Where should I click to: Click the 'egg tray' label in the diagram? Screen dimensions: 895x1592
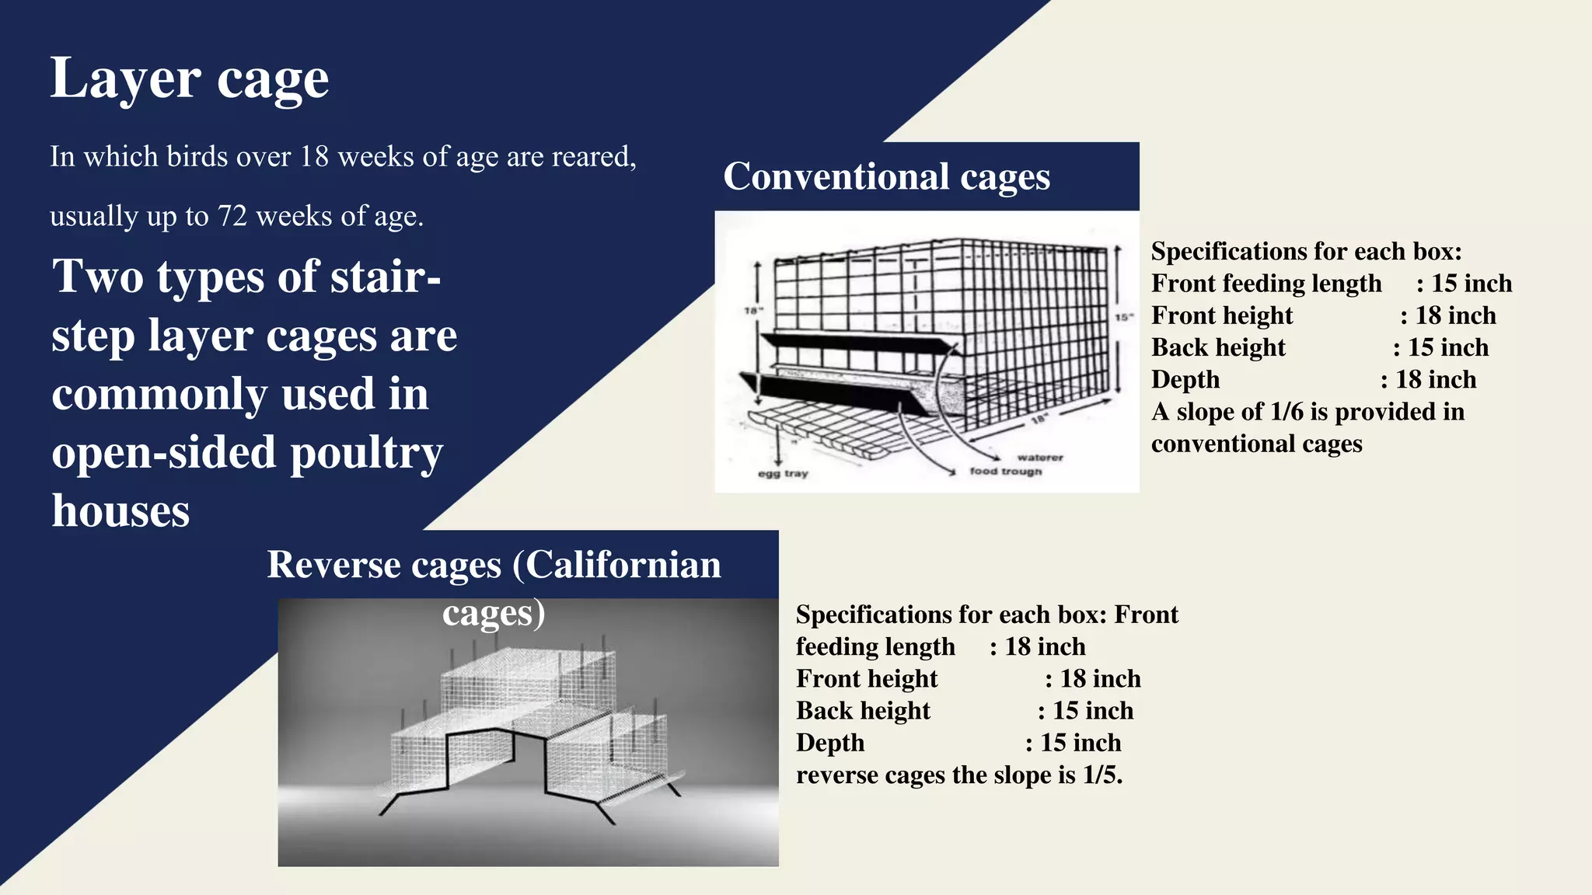(x=783, y=473)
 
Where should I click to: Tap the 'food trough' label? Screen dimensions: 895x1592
(x=1005, y=471)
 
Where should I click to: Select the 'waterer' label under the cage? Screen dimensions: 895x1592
(x=1039, y=458)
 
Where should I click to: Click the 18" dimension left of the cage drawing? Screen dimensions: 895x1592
(x=753, y=311)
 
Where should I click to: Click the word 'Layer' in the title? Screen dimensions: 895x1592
(x=125, y=78)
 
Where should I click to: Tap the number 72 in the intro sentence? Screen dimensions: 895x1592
(x=232, y=216)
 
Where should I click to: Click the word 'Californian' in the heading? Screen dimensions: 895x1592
(x=623, y=565)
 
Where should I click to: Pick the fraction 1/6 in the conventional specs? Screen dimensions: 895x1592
(x=1287, y=412)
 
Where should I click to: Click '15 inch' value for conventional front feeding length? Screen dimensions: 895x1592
(x=1472, y=284)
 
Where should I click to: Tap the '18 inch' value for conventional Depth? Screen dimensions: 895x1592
(x=1436, y=380)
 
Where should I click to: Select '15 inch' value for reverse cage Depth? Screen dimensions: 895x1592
(x=1081, y=743)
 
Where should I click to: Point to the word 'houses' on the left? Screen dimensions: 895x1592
(x=120, y=511)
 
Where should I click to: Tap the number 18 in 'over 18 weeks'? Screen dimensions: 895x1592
(x=314, y=157)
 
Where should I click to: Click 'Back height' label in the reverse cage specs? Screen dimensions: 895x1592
(x=863, y=711)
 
